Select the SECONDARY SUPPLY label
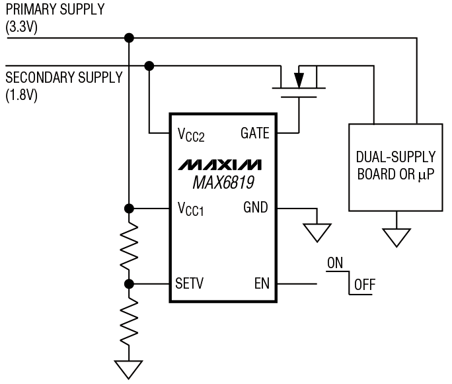(x=63, y=77)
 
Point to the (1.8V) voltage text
(x=22, y=94)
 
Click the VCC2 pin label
(x=190, y=134)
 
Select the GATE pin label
(x=254, y=133)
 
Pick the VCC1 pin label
(x=190, y=209)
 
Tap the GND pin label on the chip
(x=256, y=208)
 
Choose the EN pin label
(x=262, y=284)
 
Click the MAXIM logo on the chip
(x=220, y=164)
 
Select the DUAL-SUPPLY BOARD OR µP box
(x=395, y=167)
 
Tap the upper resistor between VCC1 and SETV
(x=129, y=246)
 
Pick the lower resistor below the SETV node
(x=129, y=321)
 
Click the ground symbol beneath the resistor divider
(x=129, y=369)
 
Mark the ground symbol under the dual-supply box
(x=396, y=237)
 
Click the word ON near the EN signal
(x=335, y=263)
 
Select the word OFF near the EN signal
(x=364, y=286)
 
